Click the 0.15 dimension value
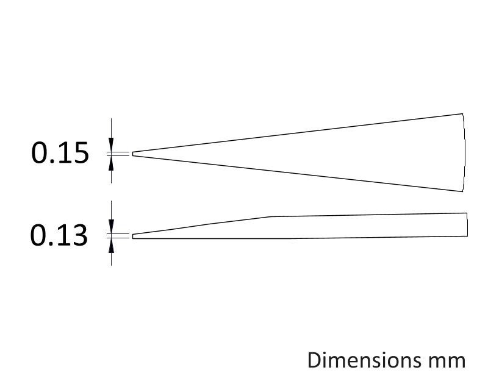60,152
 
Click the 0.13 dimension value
59,235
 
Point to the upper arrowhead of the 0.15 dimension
111,144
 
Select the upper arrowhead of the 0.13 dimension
111,226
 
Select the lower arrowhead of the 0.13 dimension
111,246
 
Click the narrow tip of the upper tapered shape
133,154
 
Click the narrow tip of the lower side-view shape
133,236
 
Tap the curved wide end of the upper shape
465,152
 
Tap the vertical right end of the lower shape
467,224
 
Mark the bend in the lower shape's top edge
270,216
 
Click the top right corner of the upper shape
462,114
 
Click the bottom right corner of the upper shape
462,191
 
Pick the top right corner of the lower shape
467,213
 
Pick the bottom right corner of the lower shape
467,236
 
